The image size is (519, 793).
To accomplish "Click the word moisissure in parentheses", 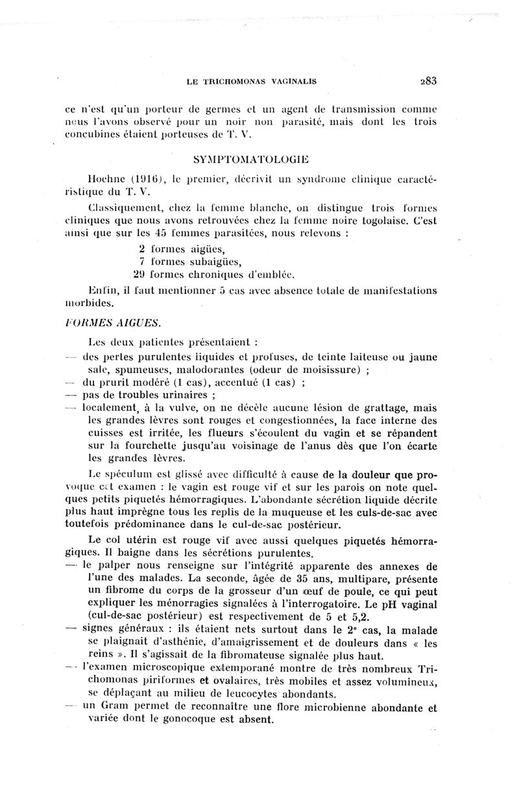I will (331, 370).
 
